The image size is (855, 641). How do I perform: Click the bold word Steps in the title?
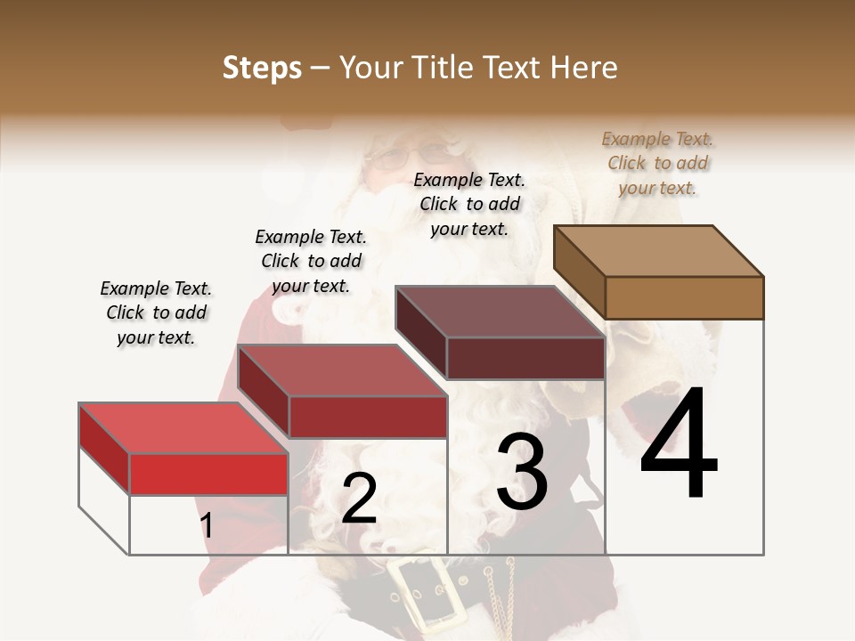click(262, 68)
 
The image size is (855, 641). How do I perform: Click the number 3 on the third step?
click(522, 471)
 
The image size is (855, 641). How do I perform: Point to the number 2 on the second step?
click(359, 499)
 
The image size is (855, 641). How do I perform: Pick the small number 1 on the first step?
click(207, 525)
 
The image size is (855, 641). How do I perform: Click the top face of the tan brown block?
click(657, 250)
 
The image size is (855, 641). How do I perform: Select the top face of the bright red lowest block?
click(183, 428)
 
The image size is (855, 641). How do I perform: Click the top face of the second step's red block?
click(341, 369)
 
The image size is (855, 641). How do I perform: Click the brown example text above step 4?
click(657, 163)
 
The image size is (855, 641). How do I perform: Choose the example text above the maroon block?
click(469, 204)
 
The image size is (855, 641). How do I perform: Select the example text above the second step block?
click(311, 261)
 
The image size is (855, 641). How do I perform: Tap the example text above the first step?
click(156, 312)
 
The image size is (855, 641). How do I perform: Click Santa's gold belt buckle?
click(427, 591)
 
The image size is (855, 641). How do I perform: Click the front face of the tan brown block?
click(684, 297)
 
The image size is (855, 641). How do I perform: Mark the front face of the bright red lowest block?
click(208, 474)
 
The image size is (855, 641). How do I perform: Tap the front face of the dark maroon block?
click(525, 358)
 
